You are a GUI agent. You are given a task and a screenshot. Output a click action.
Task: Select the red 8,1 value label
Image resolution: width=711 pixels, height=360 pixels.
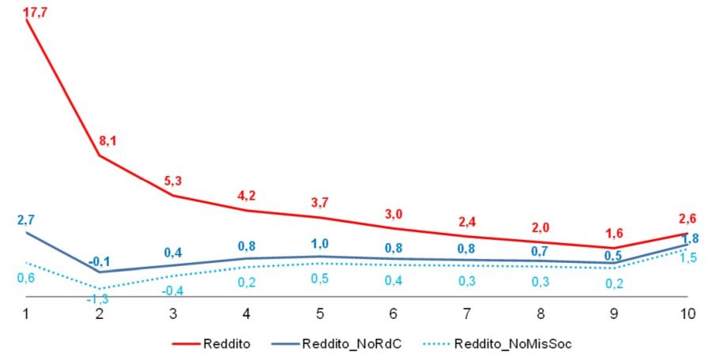[x=108, y=141]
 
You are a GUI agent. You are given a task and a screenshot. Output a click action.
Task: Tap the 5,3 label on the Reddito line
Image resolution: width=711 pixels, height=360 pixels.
[x=173, y=180]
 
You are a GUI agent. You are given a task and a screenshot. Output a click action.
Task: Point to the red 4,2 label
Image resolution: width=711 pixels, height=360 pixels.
[x=247, y=196]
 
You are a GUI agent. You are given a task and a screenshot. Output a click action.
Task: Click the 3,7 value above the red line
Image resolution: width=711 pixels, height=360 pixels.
[x=321, y=204]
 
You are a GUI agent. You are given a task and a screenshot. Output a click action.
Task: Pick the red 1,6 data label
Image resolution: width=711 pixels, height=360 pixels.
[x=613, y=234]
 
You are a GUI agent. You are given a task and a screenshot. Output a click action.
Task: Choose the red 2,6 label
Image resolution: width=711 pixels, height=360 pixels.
[x=688, y=219]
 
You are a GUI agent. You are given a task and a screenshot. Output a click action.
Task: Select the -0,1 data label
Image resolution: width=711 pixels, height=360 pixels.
[x=99, y=261]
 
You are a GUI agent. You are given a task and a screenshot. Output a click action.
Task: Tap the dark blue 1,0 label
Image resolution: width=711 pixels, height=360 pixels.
[x=321, y=243]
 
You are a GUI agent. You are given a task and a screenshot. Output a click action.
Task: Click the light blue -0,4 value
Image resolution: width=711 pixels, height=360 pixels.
[x=173, y=291]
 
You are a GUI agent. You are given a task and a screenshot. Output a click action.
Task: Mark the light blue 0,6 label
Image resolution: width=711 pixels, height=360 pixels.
[x=26, y=277]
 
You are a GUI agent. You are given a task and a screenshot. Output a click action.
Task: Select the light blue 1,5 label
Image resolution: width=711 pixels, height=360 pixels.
[x=688, y=258]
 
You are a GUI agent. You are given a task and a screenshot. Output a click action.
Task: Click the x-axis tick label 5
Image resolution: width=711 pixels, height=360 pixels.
[x=321, y=313]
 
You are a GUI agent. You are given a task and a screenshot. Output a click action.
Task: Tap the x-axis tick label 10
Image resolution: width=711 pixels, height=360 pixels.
[x=687, y=313]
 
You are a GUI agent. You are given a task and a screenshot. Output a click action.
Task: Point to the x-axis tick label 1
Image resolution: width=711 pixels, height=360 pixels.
[x=26, y=313]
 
